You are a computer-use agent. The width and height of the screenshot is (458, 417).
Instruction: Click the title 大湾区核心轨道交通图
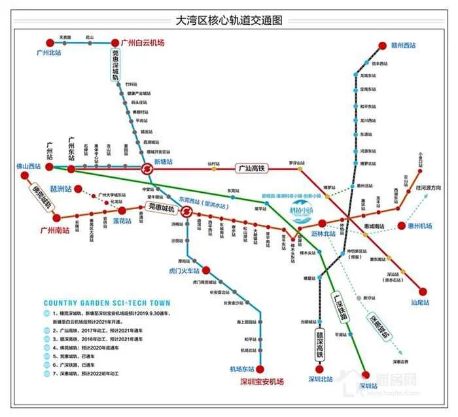229,20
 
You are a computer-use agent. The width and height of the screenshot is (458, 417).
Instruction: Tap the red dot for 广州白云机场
116,42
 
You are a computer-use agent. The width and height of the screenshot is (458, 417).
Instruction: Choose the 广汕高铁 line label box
253,168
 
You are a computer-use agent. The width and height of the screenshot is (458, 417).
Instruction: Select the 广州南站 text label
55,229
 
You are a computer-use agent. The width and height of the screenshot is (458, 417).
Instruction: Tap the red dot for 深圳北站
320,369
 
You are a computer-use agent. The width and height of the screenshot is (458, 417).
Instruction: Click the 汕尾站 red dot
422,292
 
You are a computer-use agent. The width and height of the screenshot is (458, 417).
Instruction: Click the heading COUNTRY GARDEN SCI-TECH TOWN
107,303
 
